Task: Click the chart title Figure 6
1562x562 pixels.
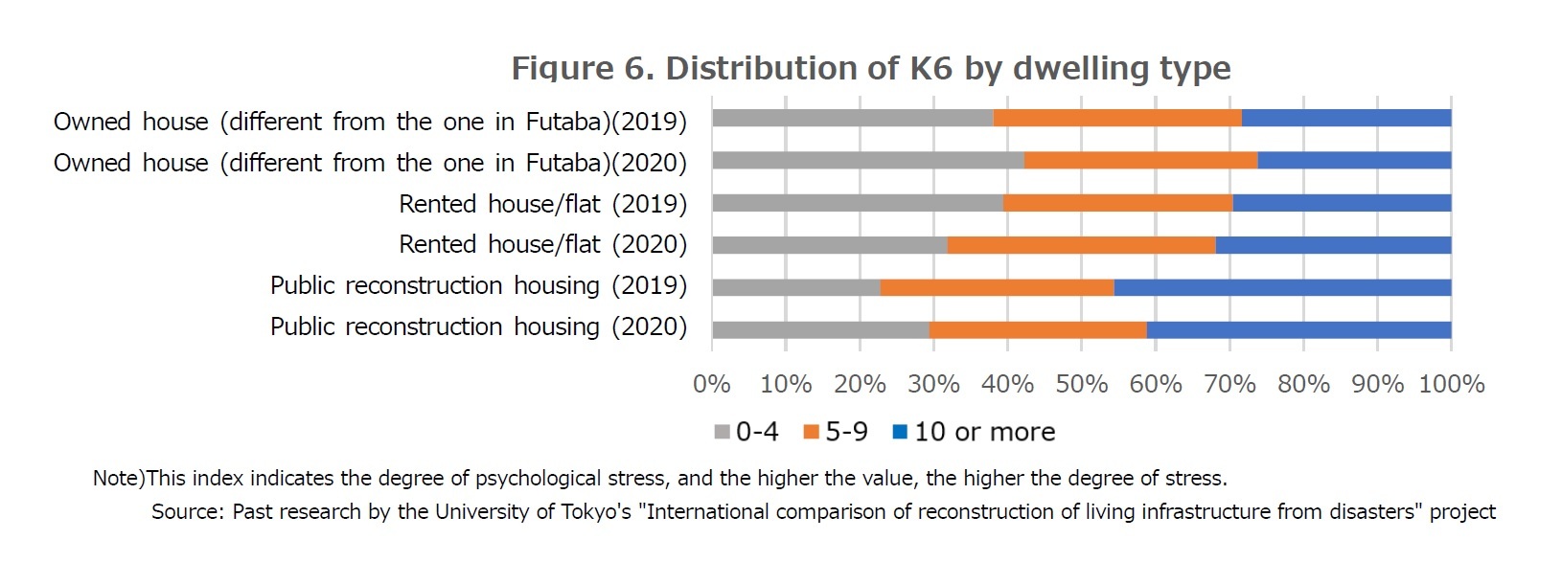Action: click(x=870, y=68)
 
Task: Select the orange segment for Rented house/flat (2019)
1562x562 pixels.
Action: click(x=1117, y=203)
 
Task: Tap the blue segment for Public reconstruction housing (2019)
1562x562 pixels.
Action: click(x=1282, y=286)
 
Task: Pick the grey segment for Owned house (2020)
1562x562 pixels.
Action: click(x=867, y=161)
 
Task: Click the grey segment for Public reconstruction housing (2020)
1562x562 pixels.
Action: click(x=820, y=329)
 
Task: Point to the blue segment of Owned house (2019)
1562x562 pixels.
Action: click(x=1345, y=118)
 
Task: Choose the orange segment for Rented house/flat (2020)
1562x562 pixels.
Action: click(x=1081, y=245)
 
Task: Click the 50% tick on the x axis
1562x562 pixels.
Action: click(x=1081, y=384)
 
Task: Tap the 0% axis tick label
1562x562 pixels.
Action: click(x=711, y=384)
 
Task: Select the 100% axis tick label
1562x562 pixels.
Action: click(x=1451, y=384)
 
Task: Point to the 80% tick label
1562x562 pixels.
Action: click(x=1303, y=384)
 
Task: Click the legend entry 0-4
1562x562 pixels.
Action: click(x=747, y=432)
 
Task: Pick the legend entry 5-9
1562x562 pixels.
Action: click(x=836, y=432)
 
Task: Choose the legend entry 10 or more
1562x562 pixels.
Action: click(x=974, y=432)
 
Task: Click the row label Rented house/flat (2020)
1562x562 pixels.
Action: click(x=542, y=244)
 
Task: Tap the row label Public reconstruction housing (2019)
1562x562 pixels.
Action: click(x=478, y=285)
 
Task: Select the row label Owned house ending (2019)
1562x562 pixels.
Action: click(x=370, y=122)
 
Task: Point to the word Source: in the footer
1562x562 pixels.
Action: click(x=189, y=511)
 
